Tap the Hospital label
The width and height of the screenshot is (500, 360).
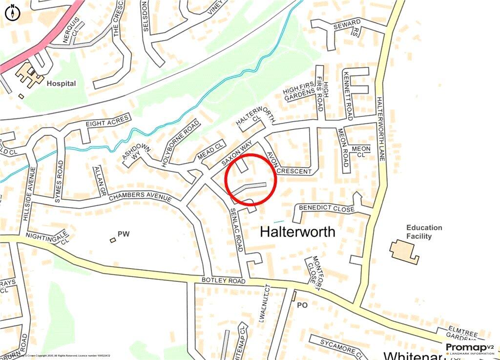coord(61,84)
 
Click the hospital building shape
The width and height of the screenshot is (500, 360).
coord(30,76)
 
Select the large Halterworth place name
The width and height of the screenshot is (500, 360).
coord(297,232)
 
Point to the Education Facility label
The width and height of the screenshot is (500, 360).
coord(424,232)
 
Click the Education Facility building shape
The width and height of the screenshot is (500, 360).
coord(404,251)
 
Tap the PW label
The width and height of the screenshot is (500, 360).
coord(123,234)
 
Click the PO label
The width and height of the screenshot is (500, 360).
coord(302,305)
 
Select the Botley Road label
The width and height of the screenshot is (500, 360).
coord(222,281)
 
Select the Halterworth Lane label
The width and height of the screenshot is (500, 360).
coord(381,127)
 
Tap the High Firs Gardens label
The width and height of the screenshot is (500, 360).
coord(299,91)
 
